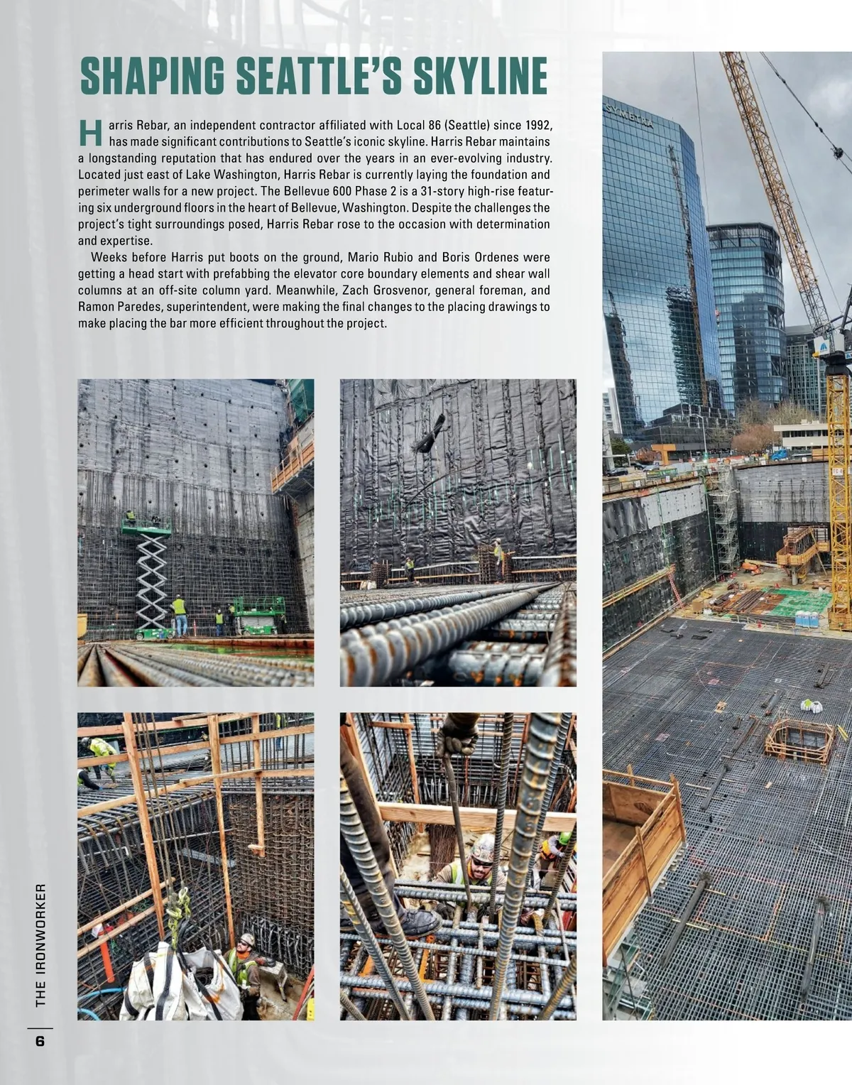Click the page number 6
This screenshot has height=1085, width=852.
tap(40, 1042)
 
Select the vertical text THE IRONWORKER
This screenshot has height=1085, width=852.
tap(40, 944)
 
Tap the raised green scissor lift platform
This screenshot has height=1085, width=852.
tap(146, 528)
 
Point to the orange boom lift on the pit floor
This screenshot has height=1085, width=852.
tap(751, 567)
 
